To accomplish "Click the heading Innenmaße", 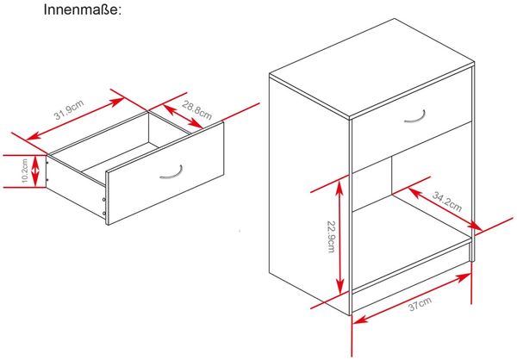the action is pyautogui.click(x=83, y=9).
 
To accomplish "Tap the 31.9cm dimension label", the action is pyautogui.click(x=69, y=109).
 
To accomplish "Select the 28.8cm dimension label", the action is pyautogui.click(x=196, y=110).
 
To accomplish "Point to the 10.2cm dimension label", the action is pyautogui.click(x=25, y=171).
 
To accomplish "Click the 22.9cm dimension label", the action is pyautogui.click(x=331, y=235).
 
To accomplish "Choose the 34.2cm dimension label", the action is pyautogui.click(x=447, y=202).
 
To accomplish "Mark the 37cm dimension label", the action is pyautogui.click(x=420, y=304).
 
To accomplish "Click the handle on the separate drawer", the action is pyautogui.click(x=171, y=172).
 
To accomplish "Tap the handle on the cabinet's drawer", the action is pyautogui.click(x=415, y=117).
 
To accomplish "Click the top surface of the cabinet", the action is pyautogui.click(x=372, y=67).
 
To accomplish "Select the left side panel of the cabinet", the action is pyautogui.click(x=309, y=194).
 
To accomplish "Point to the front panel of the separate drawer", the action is pyautogui.click(x=165, y=173).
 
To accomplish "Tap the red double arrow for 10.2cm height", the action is pyautogui.click(x=35, y=171).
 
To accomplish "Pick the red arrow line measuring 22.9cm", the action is pyautogui.click(x=340, y=237).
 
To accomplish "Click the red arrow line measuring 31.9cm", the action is pyautogui.click(x=74, y=119).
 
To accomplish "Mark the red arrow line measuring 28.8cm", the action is pyautogui.click(x=183, y=116).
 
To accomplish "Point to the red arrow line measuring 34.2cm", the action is pyautogui.click(x=445, y=209).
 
